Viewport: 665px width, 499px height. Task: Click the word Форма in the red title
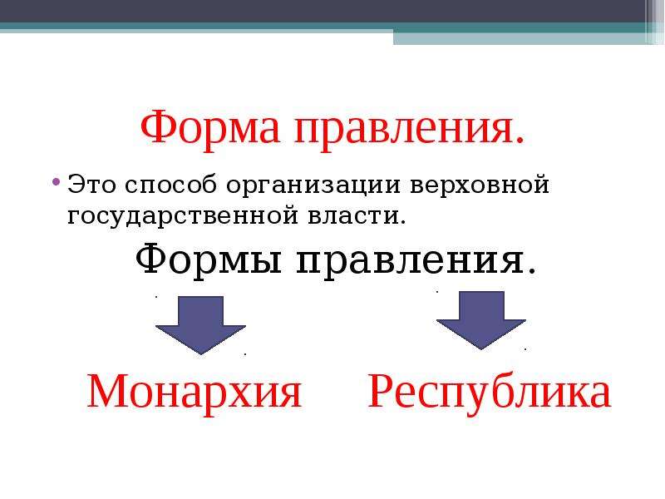tap(210, 127)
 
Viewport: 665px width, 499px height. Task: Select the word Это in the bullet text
tap(91, 185)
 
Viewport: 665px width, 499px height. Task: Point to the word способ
tap(171, 185)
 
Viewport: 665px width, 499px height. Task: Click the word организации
tap(313, 185)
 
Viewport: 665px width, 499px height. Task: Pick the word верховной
tap(480, 185)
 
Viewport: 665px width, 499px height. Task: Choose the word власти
tap(352, 215)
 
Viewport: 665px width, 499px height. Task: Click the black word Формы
tap(209, 259)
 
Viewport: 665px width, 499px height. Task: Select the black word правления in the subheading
tap(411, 259)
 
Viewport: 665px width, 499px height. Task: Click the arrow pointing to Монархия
tap(200, 324)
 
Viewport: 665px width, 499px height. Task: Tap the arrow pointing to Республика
tap(481, 320)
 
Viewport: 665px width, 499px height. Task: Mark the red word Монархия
tap(195, 392)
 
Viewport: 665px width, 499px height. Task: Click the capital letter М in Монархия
tap(106, 391)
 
